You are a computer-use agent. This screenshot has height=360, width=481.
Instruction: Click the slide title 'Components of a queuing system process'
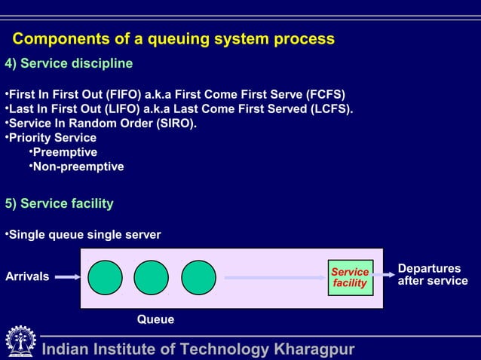click(173, 39)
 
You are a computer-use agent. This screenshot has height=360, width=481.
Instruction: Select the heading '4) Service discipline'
click(69, 63)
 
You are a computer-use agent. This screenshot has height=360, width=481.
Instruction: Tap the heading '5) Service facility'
click(60, 203)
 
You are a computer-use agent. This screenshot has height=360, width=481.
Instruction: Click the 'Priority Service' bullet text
click(52, 138)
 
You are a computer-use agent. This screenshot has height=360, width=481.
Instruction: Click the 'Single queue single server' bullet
click(84, 235)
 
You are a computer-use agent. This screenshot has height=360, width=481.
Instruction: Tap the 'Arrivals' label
click(27, 277)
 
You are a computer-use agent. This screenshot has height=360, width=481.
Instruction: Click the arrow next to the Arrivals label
click(68, 277)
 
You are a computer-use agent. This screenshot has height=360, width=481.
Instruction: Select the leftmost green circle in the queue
click(105, 277)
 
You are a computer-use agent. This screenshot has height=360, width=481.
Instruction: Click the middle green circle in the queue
click(152, 277)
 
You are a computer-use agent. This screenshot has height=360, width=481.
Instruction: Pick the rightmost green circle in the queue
click(198, 277)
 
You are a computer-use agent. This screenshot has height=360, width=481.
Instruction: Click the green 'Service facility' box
click(350, 277)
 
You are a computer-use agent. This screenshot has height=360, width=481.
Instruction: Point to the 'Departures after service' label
click(432, 275)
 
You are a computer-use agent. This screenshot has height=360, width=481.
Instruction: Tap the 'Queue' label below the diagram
click(155, 320)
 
